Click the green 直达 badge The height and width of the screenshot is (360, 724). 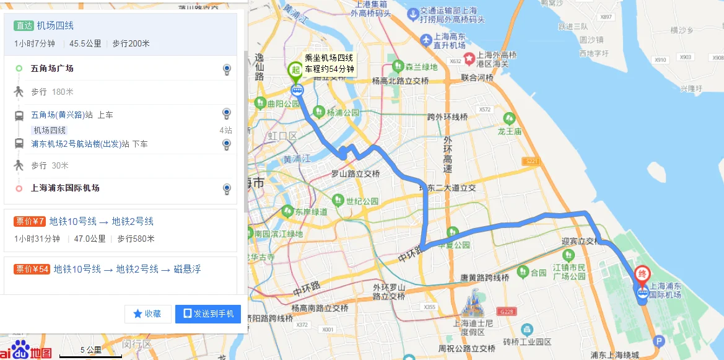click(24, 25)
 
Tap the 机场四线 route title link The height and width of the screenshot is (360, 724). click(55, 25)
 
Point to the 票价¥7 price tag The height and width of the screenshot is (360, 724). click(30, 221)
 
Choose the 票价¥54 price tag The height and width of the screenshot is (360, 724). click(32, 269)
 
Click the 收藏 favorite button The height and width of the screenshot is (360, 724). click(147, 314)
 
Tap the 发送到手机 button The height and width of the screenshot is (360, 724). click(207, 314)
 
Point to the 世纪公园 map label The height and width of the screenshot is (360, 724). click(362, 201)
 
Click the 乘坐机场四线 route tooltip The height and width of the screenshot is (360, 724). click(329, 64)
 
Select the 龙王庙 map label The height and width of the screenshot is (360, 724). click(510, 131)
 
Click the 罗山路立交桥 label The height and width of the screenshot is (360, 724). click(354, 174)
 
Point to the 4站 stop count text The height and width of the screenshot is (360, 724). click(225, 130)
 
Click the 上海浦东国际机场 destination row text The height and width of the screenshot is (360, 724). click(65, 188)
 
